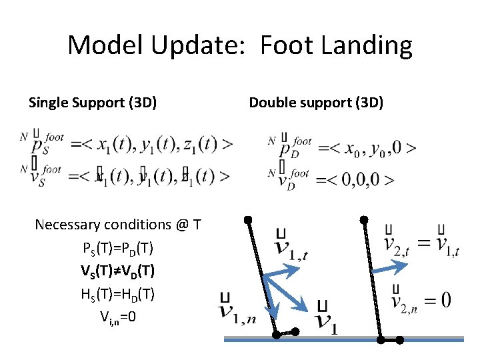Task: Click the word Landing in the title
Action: (x=369, y=46)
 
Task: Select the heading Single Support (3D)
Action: (x=93, y=103)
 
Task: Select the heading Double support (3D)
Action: (x=316, y=103)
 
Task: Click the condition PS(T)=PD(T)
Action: (x=117, y=249)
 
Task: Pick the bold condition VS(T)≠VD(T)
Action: (x=117, y=271)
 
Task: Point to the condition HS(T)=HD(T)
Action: (x=117, y=294)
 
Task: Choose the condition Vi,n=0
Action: (x=117, y=316)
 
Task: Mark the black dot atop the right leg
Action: (x=363, y=219)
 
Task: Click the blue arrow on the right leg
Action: (x=390, y=267)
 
